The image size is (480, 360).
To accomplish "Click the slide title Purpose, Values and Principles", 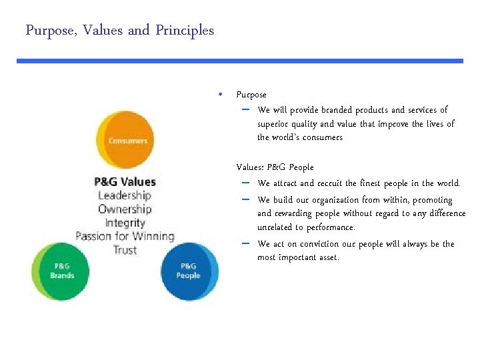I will coord(120,31).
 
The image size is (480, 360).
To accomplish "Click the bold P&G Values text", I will coord(125,181).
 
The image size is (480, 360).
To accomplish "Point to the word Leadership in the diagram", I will coord(125,195).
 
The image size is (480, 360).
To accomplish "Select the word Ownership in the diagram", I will coord(125,209).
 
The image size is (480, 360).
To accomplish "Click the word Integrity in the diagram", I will coord(125,223).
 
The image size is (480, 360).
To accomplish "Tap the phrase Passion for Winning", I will coord(125,236).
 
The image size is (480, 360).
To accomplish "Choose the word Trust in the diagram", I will coord(125,250).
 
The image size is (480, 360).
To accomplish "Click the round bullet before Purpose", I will coord(220,94).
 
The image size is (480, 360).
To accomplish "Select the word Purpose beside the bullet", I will coord(251,95).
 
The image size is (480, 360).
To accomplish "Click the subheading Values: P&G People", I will coord(275,167).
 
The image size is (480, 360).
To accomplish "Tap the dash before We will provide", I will coord(245,109).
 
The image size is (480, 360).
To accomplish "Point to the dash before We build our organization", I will coord(245,199).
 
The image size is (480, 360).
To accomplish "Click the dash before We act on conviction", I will coord(245,243).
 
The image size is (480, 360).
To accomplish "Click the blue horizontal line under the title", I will coord(240,61).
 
